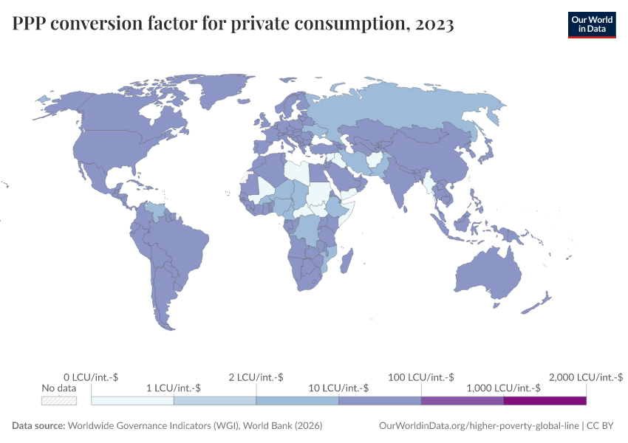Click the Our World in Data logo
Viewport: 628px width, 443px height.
click(591, 24)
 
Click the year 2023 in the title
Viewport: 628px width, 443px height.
click(435, 25)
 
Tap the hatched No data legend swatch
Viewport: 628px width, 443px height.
click(59, 401)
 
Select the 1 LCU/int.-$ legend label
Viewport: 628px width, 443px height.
click(173, 388)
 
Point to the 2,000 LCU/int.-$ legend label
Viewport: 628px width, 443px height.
click(586, 377)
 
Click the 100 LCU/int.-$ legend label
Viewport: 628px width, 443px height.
click(420, 377)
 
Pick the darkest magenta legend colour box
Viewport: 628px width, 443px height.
click(545, 401)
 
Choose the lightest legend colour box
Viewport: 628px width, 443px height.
click(132, 401)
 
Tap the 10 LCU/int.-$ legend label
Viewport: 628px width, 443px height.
click(338, 388)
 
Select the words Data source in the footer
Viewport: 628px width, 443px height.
click(38, 426)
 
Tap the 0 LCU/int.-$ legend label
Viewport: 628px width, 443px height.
click(92, 377)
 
